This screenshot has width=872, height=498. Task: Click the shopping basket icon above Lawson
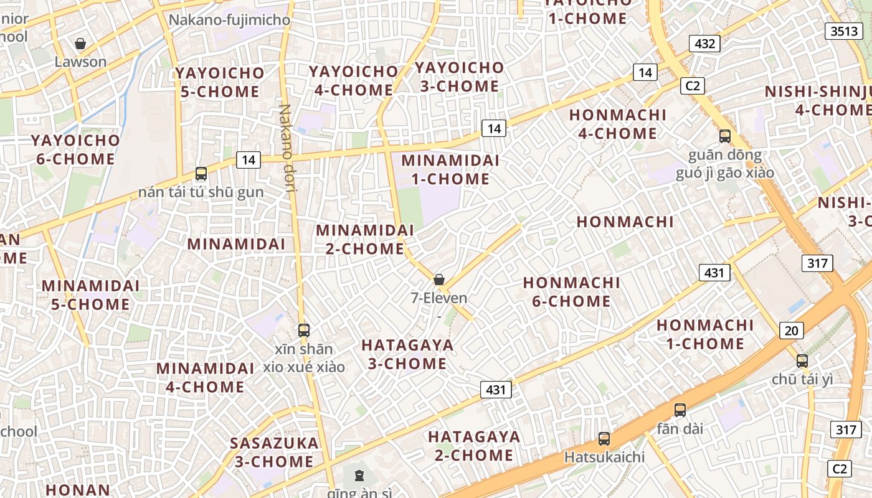(x=80, y=44)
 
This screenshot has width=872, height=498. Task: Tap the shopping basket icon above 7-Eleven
(x=439, y=280)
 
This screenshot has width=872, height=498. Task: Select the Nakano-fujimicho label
(x=229, y=20)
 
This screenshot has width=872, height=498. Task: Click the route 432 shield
(x=704, y=44)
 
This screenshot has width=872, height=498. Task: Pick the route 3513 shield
(x=844, y=31)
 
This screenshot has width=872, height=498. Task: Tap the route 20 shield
(x=791, y=331)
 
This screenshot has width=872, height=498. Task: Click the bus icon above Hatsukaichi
(x=604, y=438)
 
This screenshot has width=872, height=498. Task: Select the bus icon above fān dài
(x=680, y=410)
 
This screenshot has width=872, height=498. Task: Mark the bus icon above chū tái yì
(x=802, y=360)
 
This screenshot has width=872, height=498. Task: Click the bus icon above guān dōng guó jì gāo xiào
(x=725, y=136)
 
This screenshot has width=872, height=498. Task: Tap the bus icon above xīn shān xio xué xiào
(x=304, y=331)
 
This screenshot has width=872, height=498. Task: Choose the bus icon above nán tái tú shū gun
(x=201, y=174)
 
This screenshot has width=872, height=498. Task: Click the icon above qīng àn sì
(x=359, y=476)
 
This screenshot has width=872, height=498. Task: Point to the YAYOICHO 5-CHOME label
(x=220, y=82)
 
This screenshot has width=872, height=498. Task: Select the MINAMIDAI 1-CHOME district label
(x=450, y=169)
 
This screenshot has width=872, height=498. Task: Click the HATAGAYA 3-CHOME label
(x=407, y=354)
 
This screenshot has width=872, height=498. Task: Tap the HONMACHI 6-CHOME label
(x=571, y=292)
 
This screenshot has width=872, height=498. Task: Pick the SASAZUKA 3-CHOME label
(x=274, y=453)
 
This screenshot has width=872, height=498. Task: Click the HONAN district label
(x=78, y=490)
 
